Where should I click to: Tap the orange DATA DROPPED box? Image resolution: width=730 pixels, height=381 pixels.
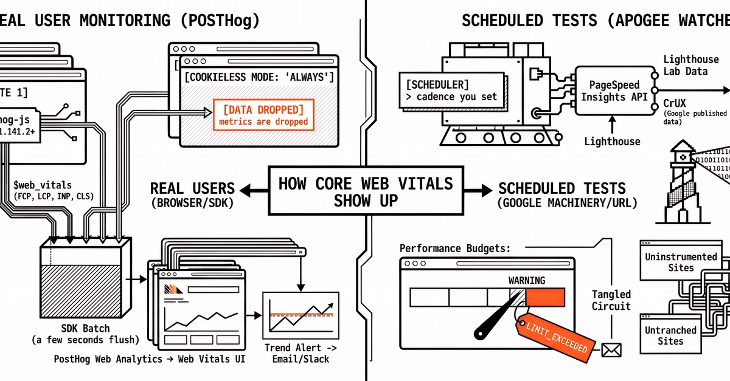click(263, 115)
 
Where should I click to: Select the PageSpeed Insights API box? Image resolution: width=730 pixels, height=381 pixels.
click(613, 91)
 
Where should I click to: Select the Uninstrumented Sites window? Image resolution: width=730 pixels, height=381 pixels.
click(680, 261)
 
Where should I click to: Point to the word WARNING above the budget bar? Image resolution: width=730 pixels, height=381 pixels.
click(527, 280)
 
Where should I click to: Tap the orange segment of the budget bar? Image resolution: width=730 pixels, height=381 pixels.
click(545, 297)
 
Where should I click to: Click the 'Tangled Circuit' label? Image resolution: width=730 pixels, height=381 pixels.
click(611, 300)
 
